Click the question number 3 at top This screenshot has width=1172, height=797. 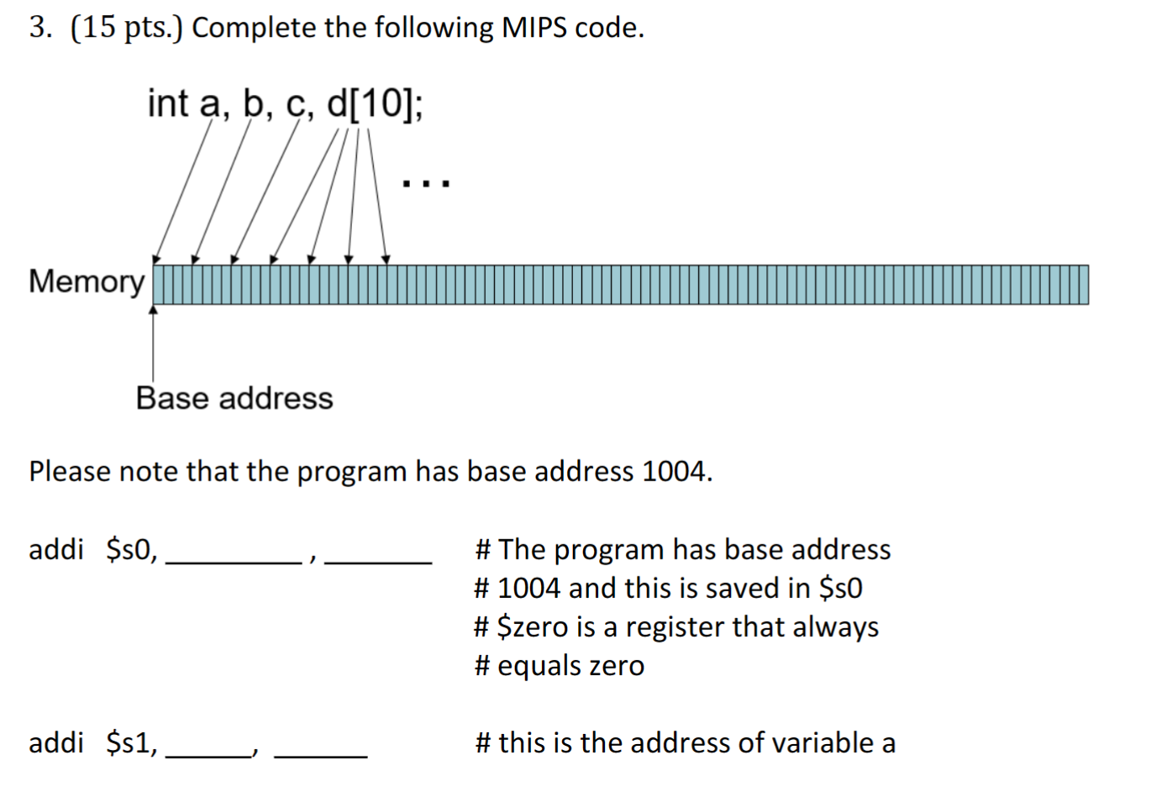coord(39,28)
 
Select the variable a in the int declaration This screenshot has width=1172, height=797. coord(209,104)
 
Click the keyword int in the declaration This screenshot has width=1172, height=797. coord(168,104)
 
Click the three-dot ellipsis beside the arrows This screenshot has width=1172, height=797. coord(426,182)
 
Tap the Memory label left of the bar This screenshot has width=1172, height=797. coord(87,281)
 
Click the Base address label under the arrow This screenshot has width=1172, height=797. coord(234,398)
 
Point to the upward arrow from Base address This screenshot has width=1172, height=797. coord(153,344)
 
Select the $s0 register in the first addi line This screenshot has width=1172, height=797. coord(130,549)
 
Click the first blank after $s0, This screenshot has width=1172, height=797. coord(234,554)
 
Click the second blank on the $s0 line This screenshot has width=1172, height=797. coord(378,554)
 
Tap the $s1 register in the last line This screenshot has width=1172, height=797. coord(130,742)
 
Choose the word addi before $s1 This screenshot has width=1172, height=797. coord(56,742)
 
